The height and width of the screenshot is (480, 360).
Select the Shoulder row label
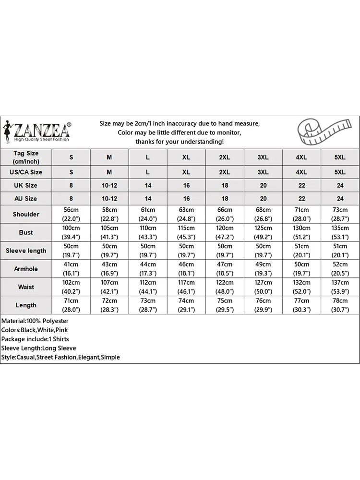(26, 214)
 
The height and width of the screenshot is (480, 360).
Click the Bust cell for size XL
(186, 232)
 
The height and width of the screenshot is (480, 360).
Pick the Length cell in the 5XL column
(340, 305)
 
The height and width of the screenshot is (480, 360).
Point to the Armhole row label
(26, 269)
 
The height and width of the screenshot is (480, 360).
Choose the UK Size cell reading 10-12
(109, 185)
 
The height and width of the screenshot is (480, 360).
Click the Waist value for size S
(71, 287)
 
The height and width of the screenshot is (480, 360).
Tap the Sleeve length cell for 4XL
(301, 251)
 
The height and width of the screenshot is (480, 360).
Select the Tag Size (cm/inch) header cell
(26, 157)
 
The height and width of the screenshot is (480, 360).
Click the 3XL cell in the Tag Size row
(263, 157)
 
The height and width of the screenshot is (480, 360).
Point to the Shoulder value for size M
(109, 214)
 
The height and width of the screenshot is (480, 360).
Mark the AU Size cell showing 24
(340, 198)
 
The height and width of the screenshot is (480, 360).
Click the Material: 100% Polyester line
(35, 321)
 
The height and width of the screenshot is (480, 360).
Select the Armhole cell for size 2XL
(225, 269)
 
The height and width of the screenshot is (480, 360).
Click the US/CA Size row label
(26, 172)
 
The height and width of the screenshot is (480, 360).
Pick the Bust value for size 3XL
(263, 232)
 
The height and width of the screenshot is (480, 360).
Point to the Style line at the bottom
(60, 357)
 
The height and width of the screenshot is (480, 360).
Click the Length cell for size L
(148, 305)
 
